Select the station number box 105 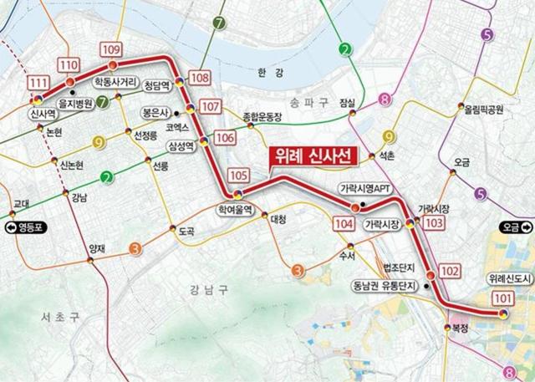click(238, 176)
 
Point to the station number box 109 click(110, 48)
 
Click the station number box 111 click(37, 82)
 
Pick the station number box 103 click(434, 224)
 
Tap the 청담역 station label click(157, 85)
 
